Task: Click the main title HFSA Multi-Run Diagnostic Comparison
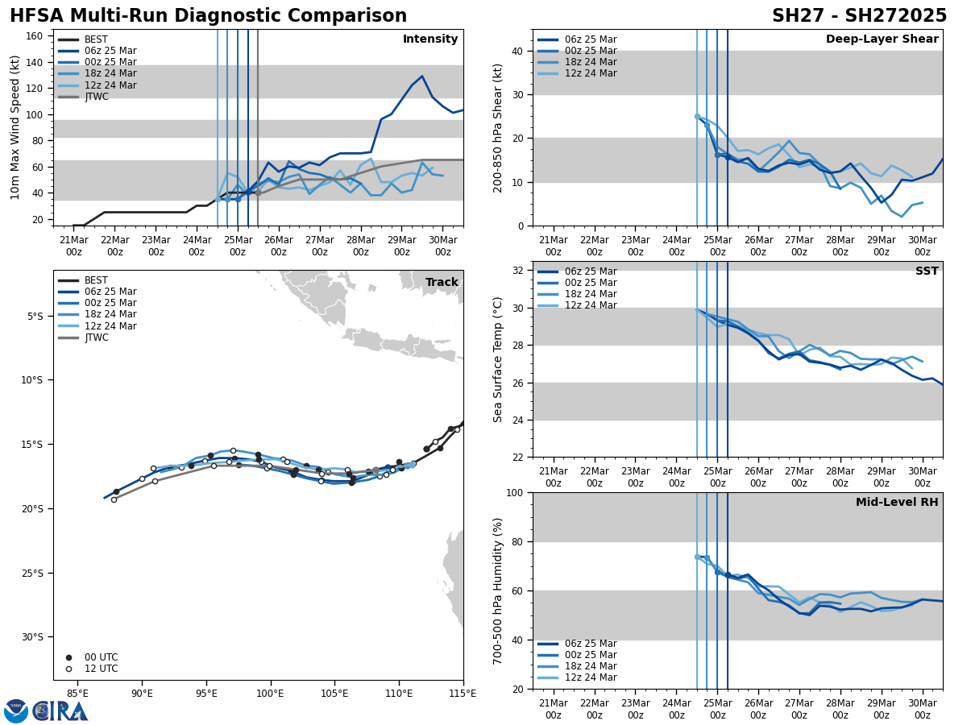[208, 16]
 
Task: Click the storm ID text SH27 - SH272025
[859, 16]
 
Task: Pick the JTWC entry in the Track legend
[96, 338]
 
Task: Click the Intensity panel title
[430, 39]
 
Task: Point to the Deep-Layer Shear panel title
[882, 39]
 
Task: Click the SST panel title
[927, 271]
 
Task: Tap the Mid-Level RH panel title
[897, 503]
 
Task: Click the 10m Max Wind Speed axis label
[15, 127]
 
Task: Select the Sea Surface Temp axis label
[498, 359]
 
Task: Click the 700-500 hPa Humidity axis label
[498, 590]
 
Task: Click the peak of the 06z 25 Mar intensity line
[421, 77]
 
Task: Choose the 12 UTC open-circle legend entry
[101, 669]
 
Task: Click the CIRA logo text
[60, 711]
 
